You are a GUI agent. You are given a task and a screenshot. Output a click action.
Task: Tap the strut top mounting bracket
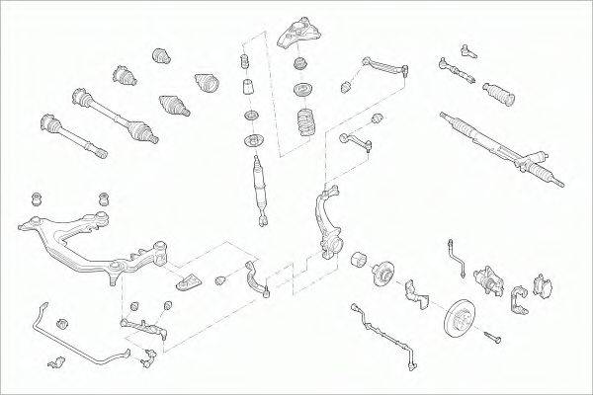(x=299, y=33)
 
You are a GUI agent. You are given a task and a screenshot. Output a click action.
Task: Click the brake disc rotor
(x=460, y=318)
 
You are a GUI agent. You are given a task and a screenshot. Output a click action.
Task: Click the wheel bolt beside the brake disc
(x=493, y=339)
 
